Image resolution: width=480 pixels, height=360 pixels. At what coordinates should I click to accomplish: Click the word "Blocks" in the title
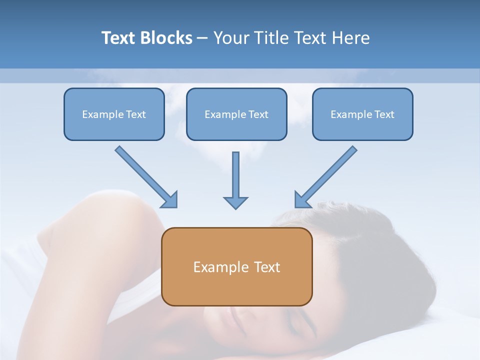pos(166,38)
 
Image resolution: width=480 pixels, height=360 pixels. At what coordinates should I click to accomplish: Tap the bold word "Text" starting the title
pos(119,38)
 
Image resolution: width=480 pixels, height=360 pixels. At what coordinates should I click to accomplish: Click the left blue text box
pos(114,114)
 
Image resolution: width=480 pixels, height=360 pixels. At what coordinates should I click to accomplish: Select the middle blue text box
pos(236,114)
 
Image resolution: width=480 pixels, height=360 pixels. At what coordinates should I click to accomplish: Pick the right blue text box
pos(362,114)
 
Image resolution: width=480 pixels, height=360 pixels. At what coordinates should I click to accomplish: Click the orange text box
pos(236,266)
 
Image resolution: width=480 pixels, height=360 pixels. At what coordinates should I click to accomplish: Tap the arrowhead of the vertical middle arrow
pos(235,202)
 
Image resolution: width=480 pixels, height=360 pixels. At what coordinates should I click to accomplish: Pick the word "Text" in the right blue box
pos(384,114)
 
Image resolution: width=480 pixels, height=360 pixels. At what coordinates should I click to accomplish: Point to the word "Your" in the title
pos(230,38)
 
